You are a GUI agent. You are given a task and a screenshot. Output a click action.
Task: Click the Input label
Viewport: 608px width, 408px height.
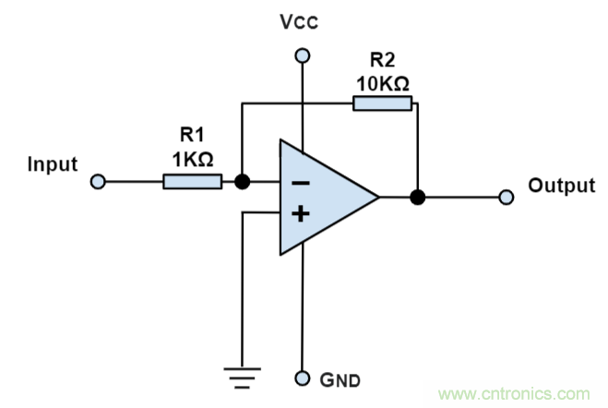tap(52, 164)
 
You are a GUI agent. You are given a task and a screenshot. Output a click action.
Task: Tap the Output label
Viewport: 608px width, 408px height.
tap(561, 186)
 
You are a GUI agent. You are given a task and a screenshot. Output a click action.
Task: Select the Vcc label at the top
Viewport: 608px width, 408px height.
tap(299, 23)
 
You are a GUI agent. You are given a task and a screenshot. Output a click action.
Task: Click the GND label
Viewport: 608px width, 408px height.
tap(339, 379)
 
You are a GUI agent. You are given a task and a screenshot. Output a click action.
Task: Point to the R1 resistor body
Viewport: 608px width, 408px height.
tap(192, 182)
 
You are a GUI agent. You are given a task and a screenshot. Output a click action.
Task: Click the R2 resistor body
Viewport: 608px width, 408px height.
tap(382, 102)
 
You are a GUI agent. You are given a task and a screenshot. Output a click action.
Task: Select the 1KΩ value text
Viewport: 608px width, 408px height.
tap(192, 158)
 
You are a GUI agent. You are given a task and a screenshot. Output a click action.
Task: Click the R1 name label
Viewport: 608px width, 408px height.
tap(191, 137)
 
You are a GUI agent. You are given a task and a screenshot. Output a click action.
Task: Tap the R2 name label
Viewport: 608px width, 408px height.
tap(382, 60)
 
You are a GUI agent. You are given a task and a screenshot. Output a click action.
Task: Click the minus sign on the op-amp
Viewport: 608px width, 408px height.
tap(301, 183)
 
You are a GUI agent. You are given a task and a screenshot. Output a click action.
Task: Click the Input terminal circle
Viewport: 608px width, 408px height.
tap(98, 182)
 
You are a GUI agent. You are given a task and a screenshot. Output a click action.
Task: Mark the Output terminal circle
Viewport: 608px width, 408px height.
tap(506, 197)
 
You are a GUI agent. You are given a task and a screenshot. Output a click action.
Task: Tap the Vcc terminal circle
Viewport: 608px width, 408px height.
tap(300, 57)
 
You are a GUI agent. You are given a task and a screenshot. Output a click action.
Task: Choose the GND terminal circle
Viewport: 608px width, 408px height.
tap(300, 378)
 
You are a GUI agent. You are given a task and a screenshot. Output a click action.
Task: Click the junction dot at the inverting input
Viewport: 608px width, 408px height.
tap(242, 182)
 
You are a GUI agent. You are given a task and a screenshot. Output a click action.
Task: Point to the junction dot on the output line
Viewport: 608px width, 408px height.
tap(417, 197)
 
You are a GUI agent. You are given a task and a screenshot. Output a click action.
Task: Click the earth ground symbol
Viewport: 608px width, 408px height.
tap(242, 373)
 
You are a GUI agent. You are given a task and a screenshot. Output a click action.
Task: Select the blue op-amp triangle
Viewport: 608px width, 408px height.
tap(318, 198)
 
